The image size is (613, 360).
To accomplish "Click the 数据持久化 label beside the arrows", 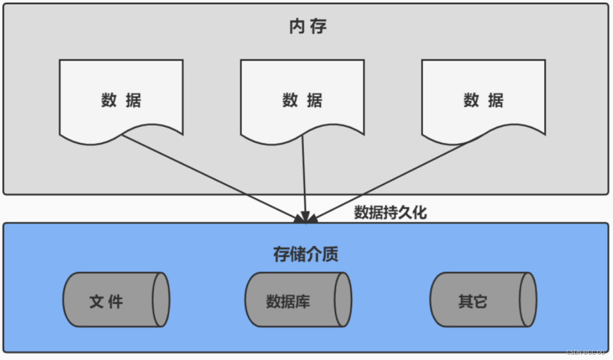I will [390, 213].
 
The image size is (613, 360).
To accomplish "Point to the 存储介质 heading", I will [306, 254].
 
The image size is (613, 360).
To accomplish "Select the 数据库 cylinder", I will [298, 299].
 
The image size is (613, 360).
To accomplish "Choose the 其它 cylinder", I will [482, 299].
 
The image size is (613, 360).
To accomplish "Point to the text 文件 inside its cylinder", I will [106, 301].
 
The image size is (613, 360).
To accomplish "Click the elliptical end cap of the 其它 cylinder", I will [528, 299].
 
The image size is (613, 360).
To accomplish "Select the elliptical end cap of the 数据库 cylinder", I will [343, 299].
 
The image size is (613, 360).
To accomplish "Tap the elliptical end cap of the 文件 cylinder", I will [161, 299].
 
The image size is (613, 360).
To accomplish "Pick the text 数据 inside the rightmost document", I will [483, 100].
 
